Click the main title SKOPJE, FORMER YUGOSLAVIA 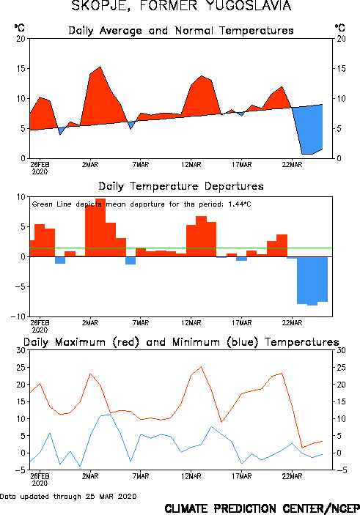point(181,6)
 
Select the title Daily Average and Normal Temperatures point(181,31)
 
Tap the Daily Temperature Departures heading point(181,186)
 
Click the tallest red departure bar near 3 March point(100,227)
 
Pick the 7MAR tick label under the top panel point(141,165)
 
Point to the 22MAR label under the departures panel point(292,323)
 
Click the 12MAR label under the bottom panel point(191,476)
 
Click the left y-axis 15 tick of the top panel point(21,69)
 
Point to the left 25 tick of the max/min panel point(21,368)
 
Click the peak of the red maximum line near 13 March point(201,367)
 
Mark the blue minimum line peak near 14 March point(211,426)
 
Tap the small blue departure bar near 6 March point(131,261)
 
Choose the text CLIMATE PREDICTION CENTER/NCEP point(262,508)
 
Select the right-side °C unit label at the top point(340,28)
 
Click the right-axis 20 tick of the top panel point(341,39)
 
